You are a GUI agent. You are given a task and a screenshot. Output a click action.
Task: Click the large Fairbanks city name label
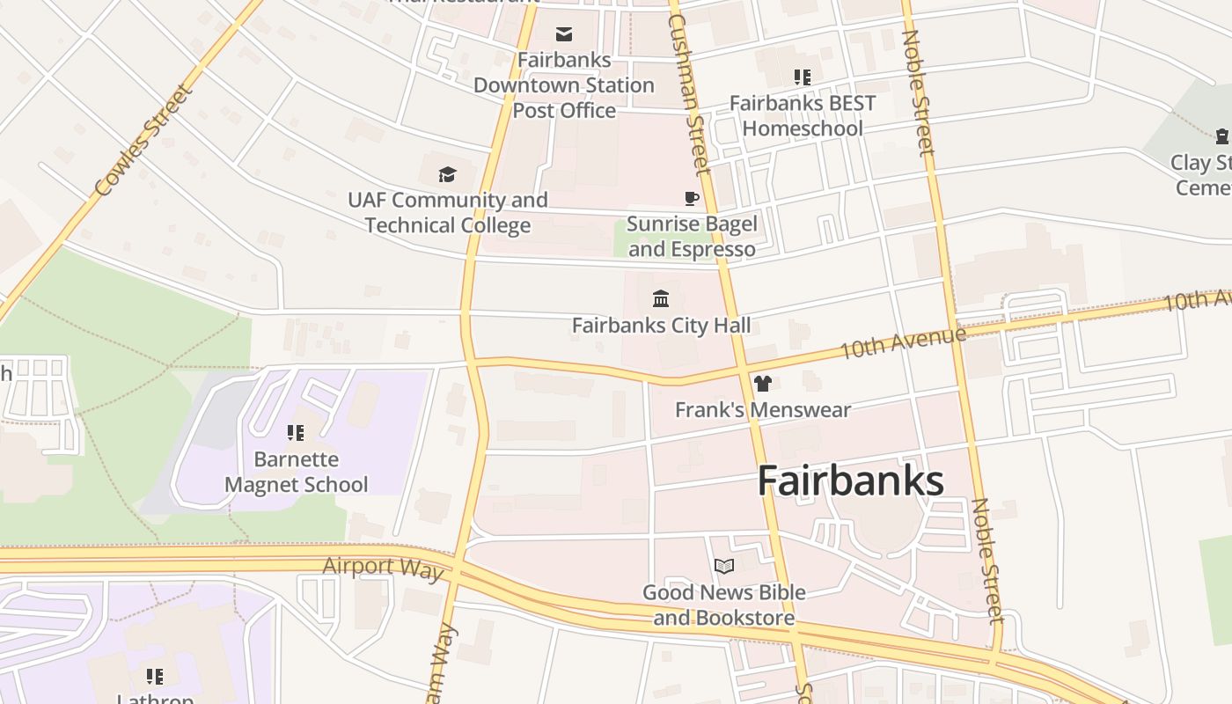[x=850, y=481]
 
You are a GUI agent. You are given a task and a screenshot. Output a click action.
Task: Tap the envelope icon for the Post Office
[x=564, y=34]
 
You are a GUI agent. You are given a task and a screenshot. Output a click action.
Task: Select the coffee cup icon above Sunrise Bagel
[x=692, y=198]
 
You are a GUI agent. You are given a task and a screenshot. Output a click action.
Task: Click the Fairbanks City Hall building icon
[x=661, y=299]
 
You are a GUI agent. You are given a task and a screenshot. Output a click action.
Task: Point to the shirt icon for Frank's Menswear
[x=762, y=384]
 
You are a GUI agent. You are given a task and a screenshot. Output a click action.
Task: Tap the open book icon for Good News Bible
[x=724, y=566]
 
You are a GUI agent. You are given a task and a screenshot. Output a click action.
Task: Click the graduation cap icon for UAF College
[x=448, y=174]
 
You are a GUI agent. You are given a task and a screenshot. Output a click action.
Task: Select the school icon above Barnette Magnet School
[x=296, y=433]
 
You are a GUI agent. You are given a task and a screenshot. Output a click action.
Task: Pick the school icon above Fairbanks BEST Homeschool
[x=802, y=77]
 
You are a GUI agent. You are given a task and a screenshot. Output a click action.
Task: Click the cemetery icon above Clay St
[x=1222, y=136]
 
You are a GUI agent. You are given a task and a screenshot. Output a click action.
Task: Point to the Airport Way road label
[x=383, y=568]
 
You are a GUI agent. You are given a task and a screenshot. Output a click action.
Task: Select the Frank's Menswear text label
[x=763, y=410]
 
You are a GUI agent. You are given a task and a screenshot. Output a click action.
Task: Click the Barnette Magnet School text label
[x=297, y=472]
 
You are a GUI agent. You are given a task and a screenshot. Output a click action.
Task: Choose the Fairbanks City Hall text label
[x=662, y=326]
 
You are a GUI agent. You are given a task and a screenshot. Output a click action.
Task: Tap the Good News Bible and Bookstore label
[x=724, y=605]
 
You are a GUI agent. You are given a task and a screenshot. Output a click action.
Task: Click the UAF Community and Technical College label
[x=448, y=212]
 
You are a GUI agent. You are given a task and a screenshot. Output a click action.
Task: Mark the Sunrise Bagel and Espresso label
[x=692, y=237]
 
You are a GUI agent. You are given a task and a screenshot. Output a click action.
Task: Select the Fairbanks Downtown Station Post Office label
[x=564, y=85]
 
